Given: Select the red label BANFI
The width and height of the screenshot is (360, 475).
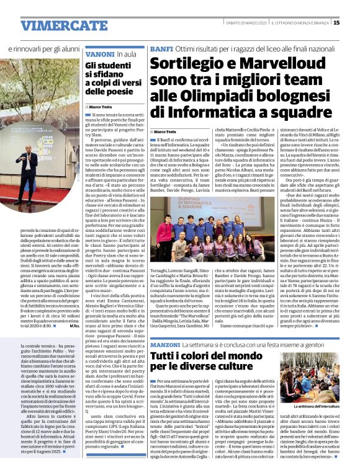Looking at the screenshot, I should coord(161,48).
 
